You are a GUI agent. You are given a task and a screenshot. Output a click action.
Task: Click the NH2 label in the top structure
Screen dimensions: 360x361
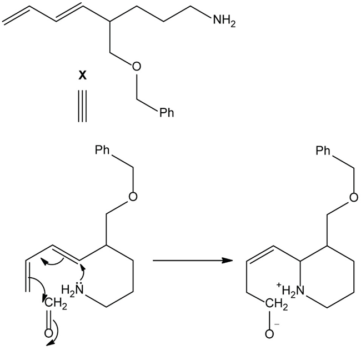tap(224, 22)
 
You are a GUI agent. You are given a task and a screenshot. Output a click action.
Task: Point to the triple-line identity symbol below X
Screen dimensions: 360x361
tap(82, 104)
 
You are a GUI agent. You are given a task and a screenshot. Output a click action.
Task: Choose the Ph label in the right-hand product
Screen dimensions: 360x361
tap(324, 151)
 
